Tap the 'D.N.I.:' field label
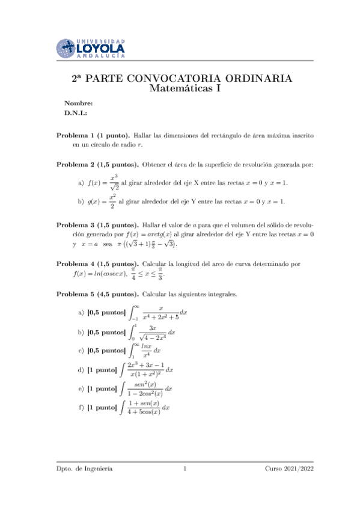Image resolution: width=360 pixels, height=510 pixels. tap(76, 112)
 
